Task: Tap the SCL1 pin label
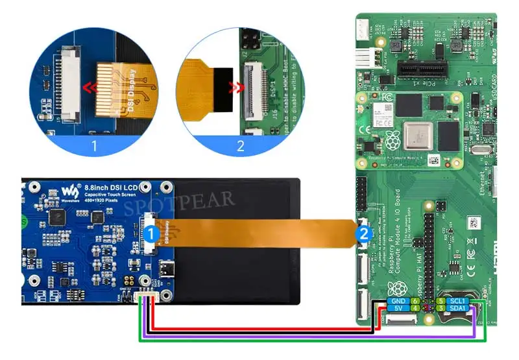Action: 459,302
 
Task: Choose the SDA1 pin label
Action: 459,309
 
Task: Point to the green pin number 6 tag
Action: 415,302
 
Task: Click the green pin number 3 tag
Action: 441,309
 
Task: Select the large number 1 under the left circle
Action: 95,145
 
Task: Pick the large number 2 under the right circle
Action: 241,145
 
